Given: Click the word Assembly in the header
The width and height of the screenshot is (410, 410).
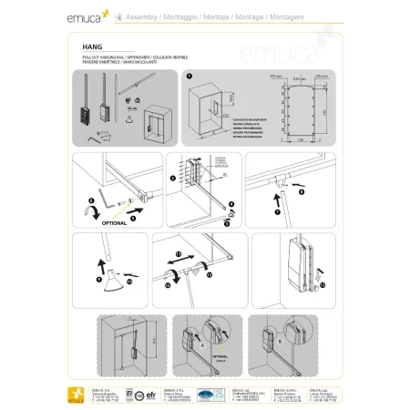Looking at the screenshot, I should coord(131,15).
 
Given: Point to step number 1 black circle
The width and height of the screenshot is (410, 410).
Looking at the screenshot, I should coord(190,77).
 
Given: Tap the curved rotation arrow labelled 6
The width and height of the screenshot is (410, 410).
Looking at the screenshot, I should coord(90,211).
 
